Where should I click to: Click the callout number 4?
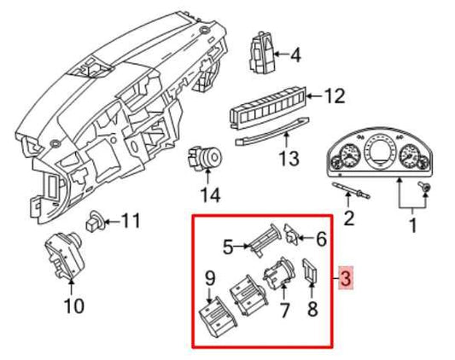pyautogui.click(x=295, y=56)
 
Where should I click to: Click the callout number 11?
pyautogui.click(x=130, y=222)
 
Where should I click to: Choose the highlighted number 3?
pyautogui.click(x=345, y=279)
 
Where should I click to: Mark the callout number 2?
pyautogui.click(x=348, y=218)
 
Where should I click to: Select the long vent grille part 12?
pyautogui.click(x=267, y=109)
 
